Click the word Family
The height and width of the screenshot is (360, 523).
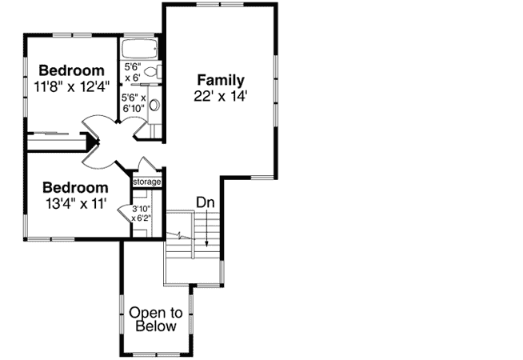click(221, 80)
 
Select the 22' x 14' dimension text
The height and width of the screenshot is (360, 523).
click(221, 95)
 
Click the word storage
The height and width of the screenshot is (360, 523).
click(147, 182)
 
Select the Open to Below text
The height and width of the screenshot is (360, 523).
click(156, 319)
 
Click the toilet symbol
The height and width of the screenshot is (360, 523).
click(154, 73)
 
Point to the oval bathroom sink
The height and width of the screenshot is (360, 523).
click(154, 104)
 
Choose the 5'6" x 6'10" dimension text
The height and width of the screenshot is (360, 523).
click(133, 104)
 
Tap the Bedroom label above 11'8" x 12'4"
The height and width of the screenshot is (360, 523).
click(71, 70)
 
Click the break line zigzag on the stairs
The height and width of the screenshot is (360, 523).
click(182, 236)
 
